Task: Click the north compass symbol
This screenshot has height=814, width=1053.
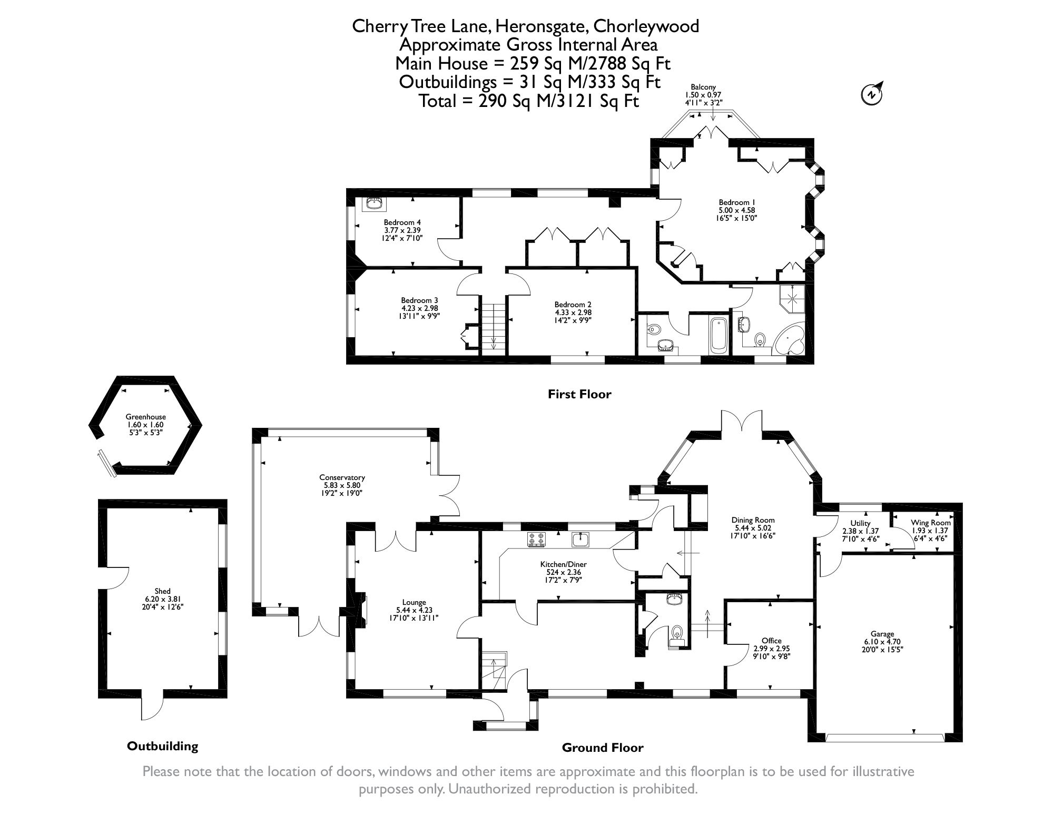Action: pyautogui.click(x=872, y=94)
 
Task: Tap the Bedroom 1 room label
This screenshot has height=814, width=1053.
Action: pyautogui.click(x=734, y=202)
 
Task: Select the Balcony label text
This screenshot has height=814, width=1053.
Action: pyautogui.click(x=703, y=87)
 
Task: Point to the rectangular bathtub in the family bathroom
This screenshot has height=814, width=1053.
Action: pyautogui.click(x=719, y=335)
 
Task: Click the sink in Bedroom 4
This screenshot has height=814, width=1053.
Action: pyautogui.click(x=375, y=203)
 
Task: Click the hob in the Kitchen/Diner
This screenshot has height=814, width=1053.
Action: pyautogui.click(x=536, y=539)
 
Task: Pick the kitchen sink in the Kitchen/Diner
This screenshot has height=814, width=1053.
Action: pyautogui.click(x=582, y=539)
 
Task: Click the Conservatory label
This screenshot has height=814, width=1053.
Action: pyautogui.click(x=342, y=477)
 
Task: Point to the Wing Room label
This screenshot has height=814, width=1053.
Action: pyautogui.click(x=930, y=523)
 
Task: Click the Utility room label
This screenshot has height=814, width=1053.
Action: pyautogui.click(x=860, y=523)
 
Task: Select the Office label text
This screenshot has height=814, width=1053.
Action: pyautogui.click(x=771, y=641)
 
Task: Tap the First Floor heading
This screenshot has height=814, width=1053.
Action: pyautogui.click(x=579, y=394)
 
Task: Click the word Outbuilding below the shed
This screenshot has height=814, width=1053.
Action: pyautogui.click(x=162, y=746)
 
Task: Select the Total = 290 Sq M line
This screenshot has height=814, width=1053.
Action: pyautogui.click(x=528, y=101)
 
